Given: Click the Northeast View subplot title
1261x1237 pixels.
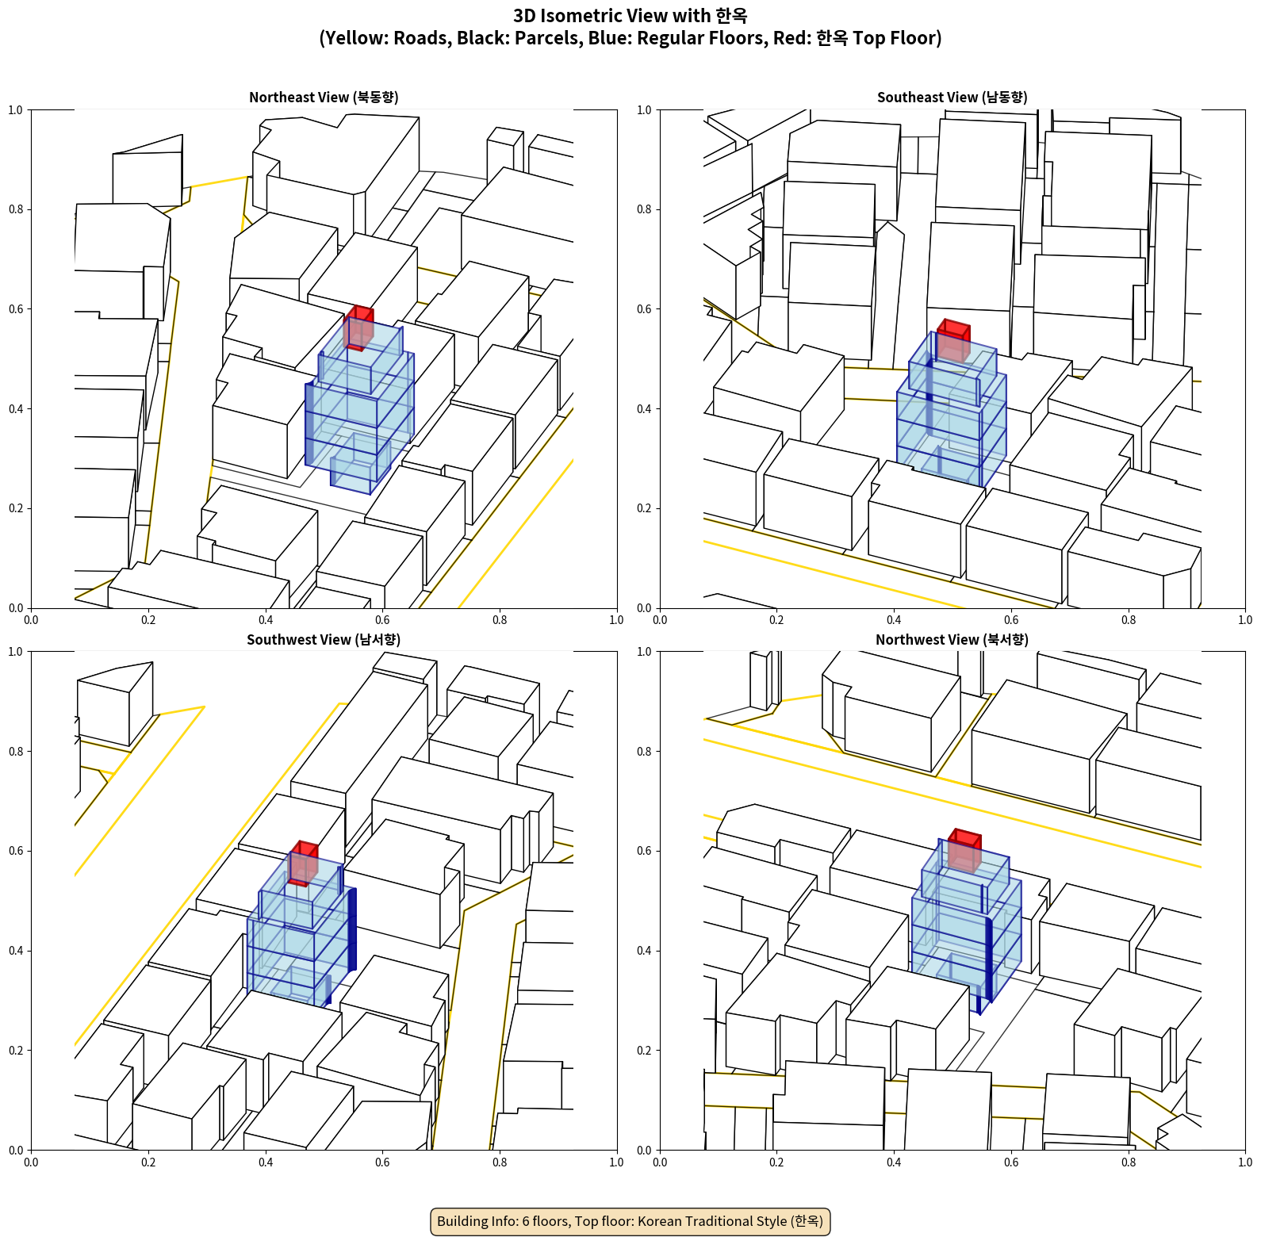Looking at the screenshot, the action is pos(324,98).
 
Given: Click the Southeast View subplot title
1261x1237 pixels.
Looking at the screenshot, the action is pos(952,98).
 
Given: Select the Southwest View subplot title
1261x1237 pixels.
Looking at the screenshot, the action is pos(324,640).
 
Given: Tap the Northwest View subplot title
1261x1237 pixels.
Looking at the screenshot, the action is pos(952,640).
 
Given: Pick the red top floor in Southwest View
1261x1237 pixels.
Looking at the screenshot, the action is pos(303,864).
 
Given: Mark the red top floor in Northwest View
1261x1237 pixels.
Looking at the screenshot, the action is pos(964,851).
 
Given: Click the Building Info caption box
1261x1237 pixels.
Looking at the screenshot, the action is pos(630,1221).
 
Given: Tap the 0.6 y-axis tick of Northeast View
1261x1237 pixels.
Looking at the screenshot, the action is pos(16,309).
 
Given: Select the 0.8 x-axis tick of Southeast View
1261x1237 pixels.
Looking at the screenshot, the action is pos(1129,620).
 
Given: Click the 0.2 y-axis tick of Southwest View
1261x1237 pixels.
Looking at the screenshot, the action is pos(16,1051).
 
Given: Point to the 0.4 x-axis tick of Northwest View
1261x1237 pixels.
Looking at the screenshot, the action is pos(894,1162).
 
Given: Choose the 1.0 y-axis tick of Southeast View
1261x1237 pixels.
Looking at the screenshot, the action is pos(644,110).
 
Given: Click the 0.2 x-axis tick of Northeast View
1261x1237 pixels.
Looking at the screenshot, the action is pos(148,620).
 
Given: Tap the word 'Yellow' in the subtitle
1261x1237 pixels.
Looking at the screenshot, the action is pos(351,38).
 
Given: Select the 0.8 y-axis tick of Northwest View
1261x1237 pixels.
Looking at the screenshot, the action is pos(644,752).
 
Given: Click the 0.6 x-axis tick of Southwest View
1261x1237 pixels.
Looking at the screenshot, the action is pos(382,1162).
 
